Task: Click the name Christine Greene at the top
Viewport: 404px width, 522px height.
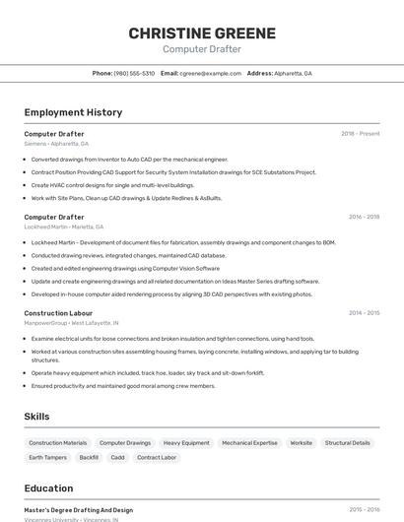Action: [201, 33]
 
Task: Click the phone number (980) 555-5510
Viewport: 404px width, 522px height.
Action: [134, 73]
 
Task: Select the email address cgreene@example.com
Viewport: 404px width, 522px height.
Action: [210, 73]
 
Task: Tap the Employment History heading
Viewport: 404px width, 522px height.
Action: [73, 112]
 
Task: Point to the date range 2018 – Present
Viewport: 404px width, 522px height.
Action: [360, 134]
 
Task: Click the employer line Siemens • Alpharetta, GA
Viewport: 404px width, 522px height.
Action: [56, 144]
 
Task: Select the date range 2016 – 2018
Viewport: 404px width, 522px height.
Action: [364, 217]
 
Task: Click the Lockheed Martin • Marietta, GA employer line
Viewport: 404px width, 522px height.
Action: [64, 227]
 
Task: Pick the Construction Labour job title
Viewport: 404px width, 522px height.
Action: [58, 313]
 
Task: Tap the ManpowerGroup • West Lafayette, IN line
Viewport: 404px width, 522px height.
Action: [71, 323]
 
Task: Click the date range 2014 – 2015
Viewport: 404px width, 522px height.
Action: [364, 313]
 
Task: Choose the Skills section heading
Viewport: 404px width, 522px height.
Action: [37, 417]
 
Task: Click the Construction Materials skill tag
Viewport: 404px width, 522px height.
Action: [58, 443]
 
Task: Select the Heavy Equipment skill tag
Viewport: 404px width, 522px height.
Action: [186, 443]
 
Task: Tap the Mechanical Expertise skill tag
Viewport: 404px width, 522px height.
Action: [249, 443]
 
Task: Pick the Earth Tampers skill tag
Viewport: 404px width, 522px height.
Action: [47, 458]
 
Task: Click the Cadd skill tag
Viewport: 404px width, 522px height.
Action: [117, 458]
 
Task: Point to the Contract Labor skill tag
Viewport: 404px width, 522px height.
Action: [157, 458]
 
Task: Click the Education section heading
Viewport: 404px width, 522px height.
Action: [48, 489]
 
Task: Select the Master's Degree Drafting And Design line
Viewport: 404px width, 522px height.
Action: [79, 510]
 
